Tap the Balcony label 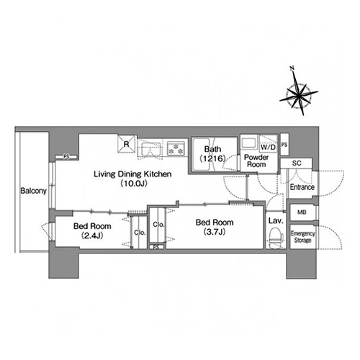(x=33, y=191)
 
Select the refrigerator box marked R (x=126, y=144)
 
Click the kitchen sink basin (x=151, y=149)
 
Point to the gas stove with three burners (x=176, y=148)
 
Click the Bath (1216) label (x=212, y=153)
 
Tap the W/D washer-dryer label (x=268, y=147)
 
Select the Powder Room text (x=256, y=161)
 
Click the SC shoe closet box (x=297, y=163)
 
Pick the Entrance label (x=302, y=187)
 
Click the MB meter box (x=302, y=212)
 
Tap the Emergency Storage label (x=302, y=237)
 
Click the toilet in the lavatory (x=276, y=238)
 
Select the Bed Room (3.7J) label (x=215, y=227)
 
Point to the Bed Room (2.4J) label (x=92, y=231)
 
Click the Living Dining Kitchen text (x=132, y=174)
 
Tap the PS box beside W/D (x=284, y=145)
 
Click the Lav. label (x=276, y=221)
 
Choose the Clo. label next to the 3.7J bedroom (x=158, y=225)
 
